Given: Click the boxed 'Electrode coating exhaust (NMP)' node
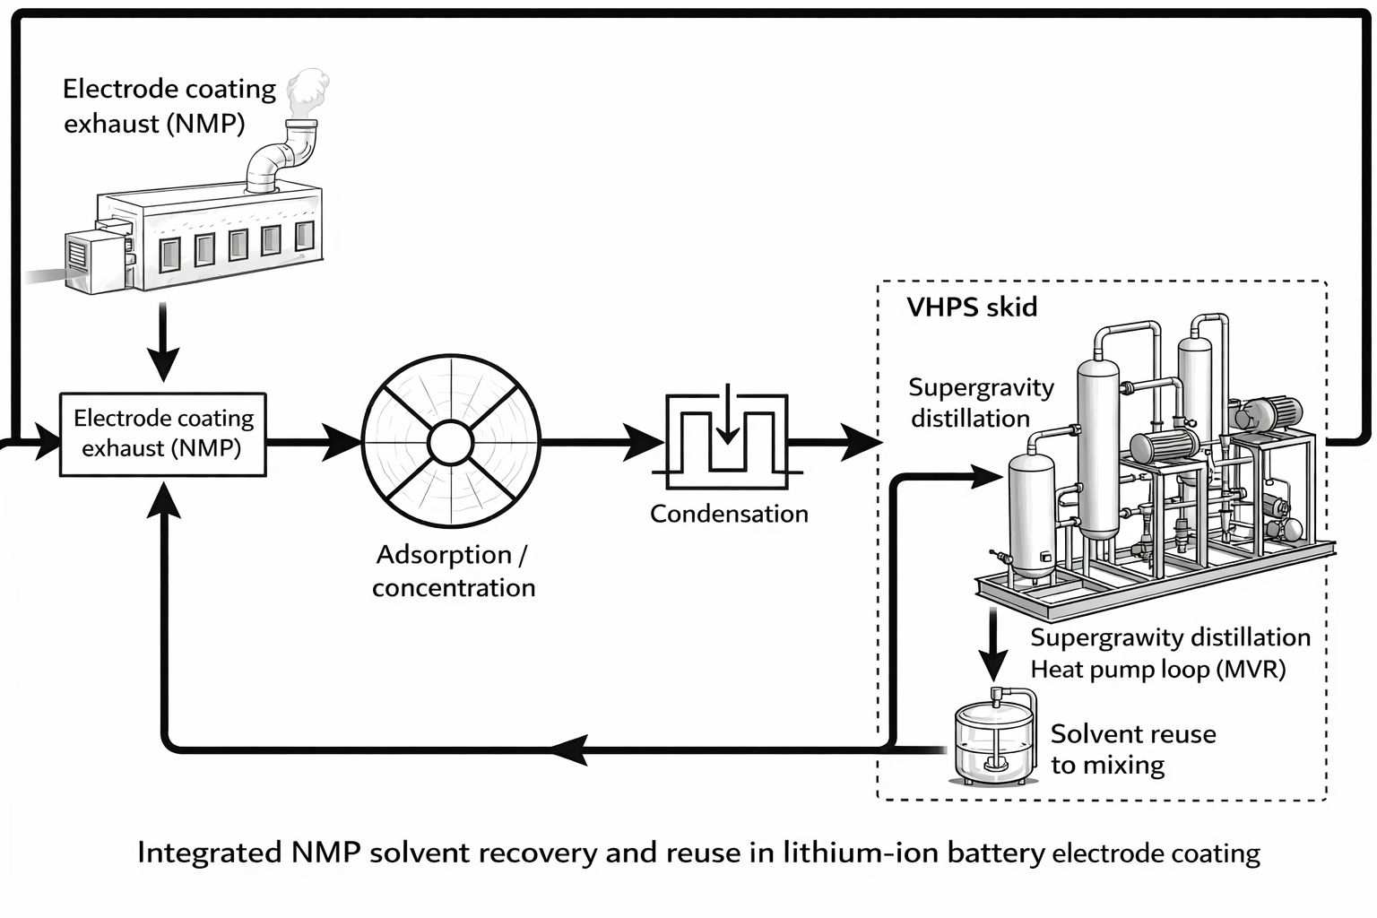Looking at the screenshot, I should [x=163, y=434].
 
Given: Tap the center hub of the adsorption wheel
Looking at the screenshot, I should [x=450, y=442].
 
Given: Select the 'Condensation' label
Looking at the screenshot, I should [x=729, y=514].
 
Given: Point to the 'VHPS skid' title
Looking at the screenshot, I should [x=972, y=307].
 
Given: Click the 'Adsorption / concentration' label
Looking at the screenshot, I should [x=453, y=571].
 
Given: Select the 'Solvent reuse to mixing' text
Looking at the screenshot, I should [x=1133, y=749].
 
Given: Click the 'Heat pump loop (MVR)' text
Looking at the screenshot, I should [x=1157, y=670].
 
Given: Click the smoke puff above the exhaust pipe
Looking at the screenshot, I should [x=307, y=90].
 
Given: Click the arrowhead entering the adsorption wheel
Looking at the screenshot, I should [x=342, y=442].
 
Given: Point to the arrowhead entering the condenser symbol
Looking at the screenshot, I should [x=645, y=442].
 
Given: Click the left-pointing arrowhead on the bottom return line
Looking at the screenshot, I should [x=569, y=748].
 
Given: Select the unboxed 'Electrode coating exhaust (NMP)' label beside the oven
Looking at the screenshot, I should [x=169, y=106].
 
